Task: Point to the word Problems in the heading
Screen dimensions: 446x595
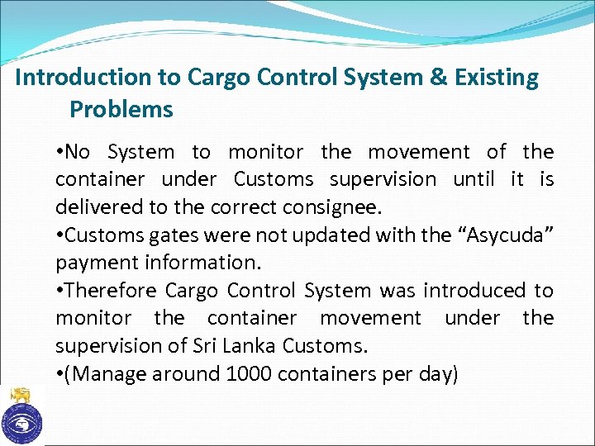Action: click(x=121, y=109)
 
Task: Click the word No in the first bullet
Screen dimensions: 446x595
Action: click(x=79, y=152)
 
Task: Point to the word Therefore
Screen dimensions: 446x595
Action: click(x=111, y=291)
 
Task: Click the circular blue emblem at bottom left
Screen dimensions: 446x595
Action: click(x=21, y=424)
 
